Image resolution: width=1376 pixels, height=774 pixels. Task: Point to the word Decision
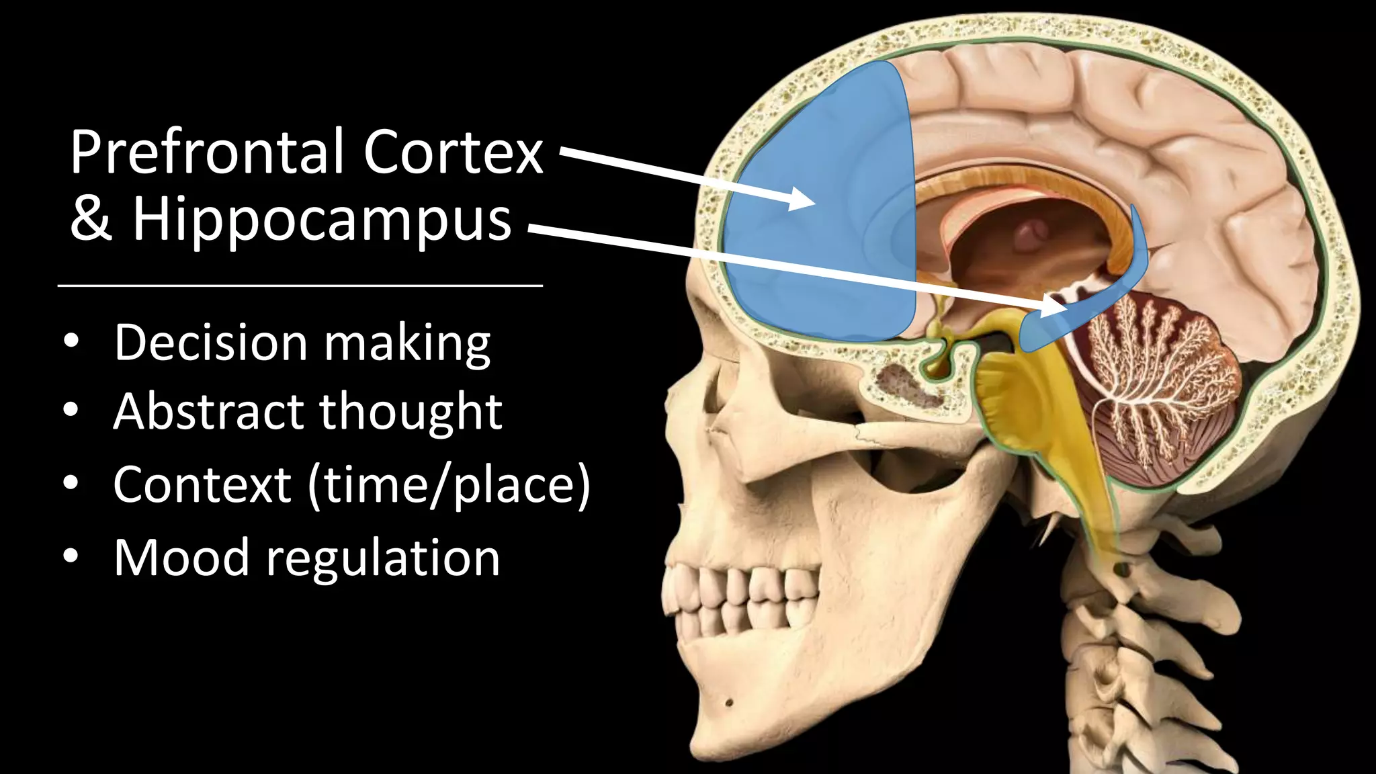click(210, 343)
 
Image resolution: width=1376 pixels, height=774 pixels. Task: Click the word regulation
click(383, 559)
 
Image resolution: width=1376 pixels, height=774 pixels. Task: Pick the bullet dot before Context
click(71, 483)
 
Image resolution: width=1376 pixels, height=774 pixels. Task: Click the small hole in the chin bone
click(729, 703)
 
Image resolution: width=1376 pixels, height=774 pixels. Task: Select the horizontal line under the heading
click(300, 286)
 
